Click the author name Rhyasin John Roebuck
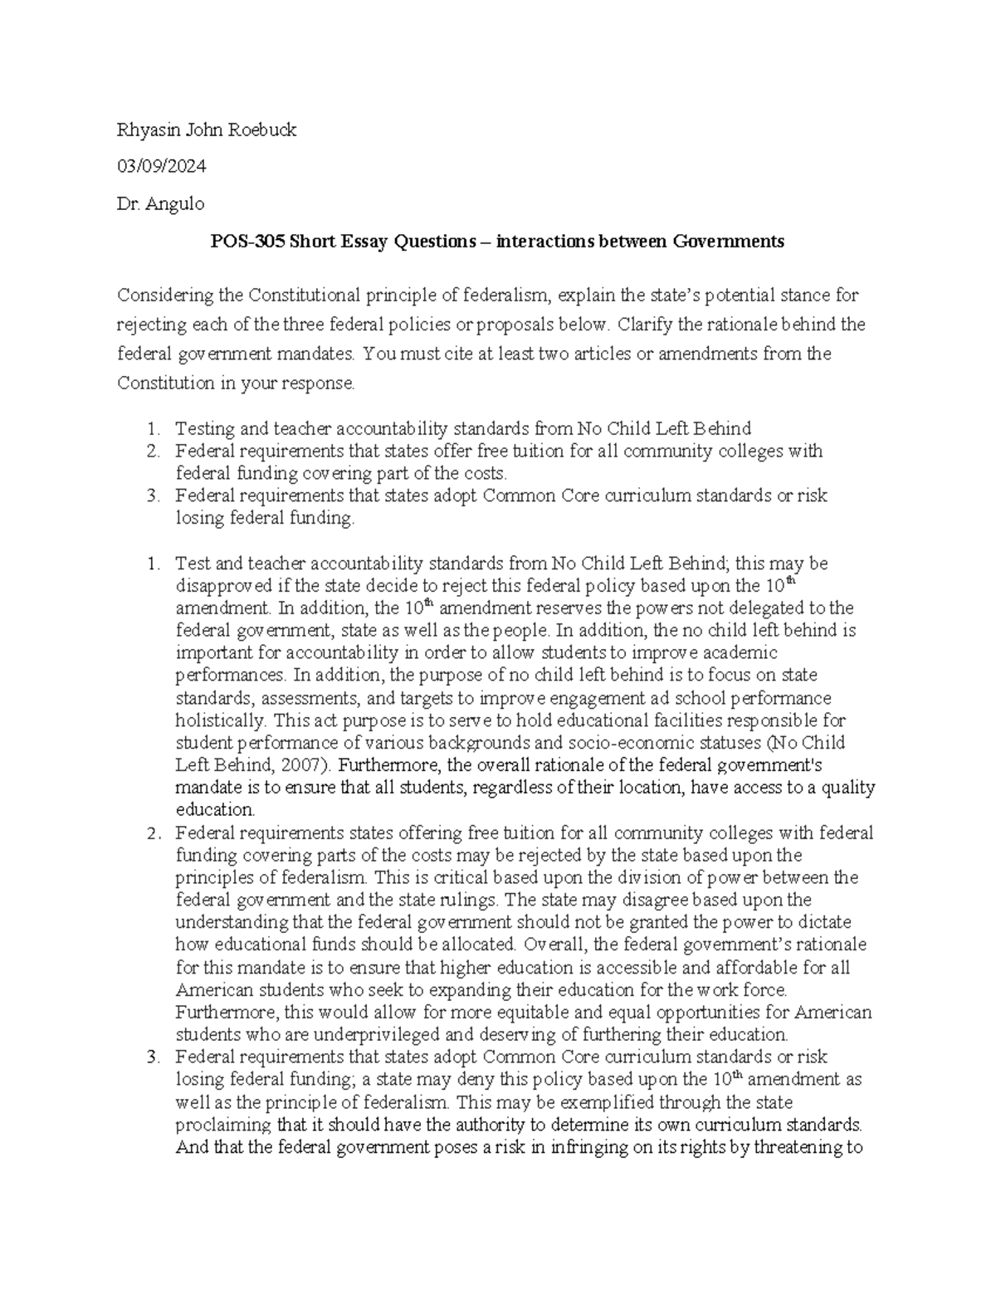pos(206,129)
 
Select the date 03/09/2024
pos(161,167)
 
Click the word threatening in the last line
pos(797,1148)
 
